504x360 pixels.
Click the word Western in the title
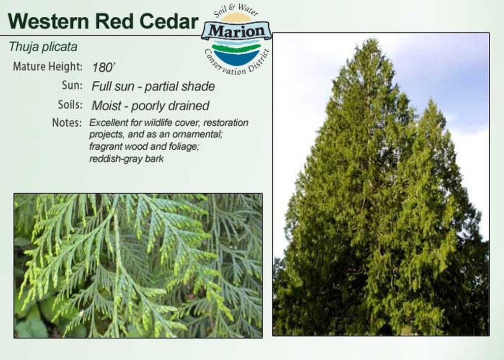click(48, 22)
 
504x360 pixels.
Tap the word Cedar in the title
click(169, 22)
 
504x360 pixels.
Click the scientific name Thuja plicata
click(43, 47)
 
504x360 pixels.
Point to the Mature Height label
click(48, 66)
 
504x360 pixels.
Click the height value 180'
click(103, 67)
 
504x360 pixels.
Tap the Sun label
click(72, 86)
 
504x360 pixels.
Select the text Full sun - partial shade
click(154, 87)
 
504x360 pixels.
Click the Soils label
click(70, 104)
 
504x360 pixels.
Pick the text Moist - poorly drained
click(151, 106)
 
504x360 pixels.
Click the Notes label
click(67, 123)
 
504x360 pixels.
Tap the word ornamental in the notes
click(197, 134)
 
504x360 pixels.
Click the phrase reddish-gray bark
click(126, 159)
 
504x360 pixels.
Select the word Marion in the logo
click(237, 31)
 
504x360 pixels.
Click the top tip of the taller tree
click(373, 39)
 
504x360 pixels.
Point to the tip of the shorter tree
click(431, 100)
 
